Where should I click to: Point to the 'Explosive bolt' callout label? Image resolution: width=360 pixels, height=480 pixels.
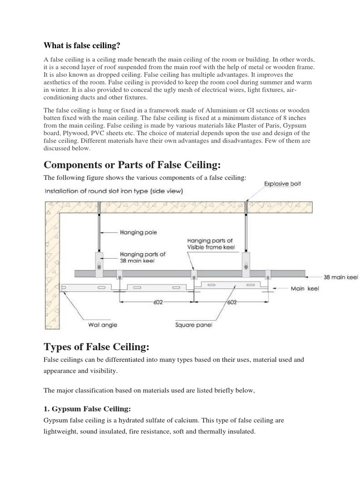click(283, 184)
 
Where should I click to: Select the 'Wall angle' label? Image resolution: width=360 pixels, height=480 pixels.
click(103, 324)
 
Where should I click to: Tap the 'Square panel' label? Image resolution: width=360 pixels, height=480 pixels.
click(194, 324)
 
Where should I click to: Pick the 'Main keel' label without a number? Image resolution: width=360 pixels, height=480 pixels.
click(305, 289)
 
